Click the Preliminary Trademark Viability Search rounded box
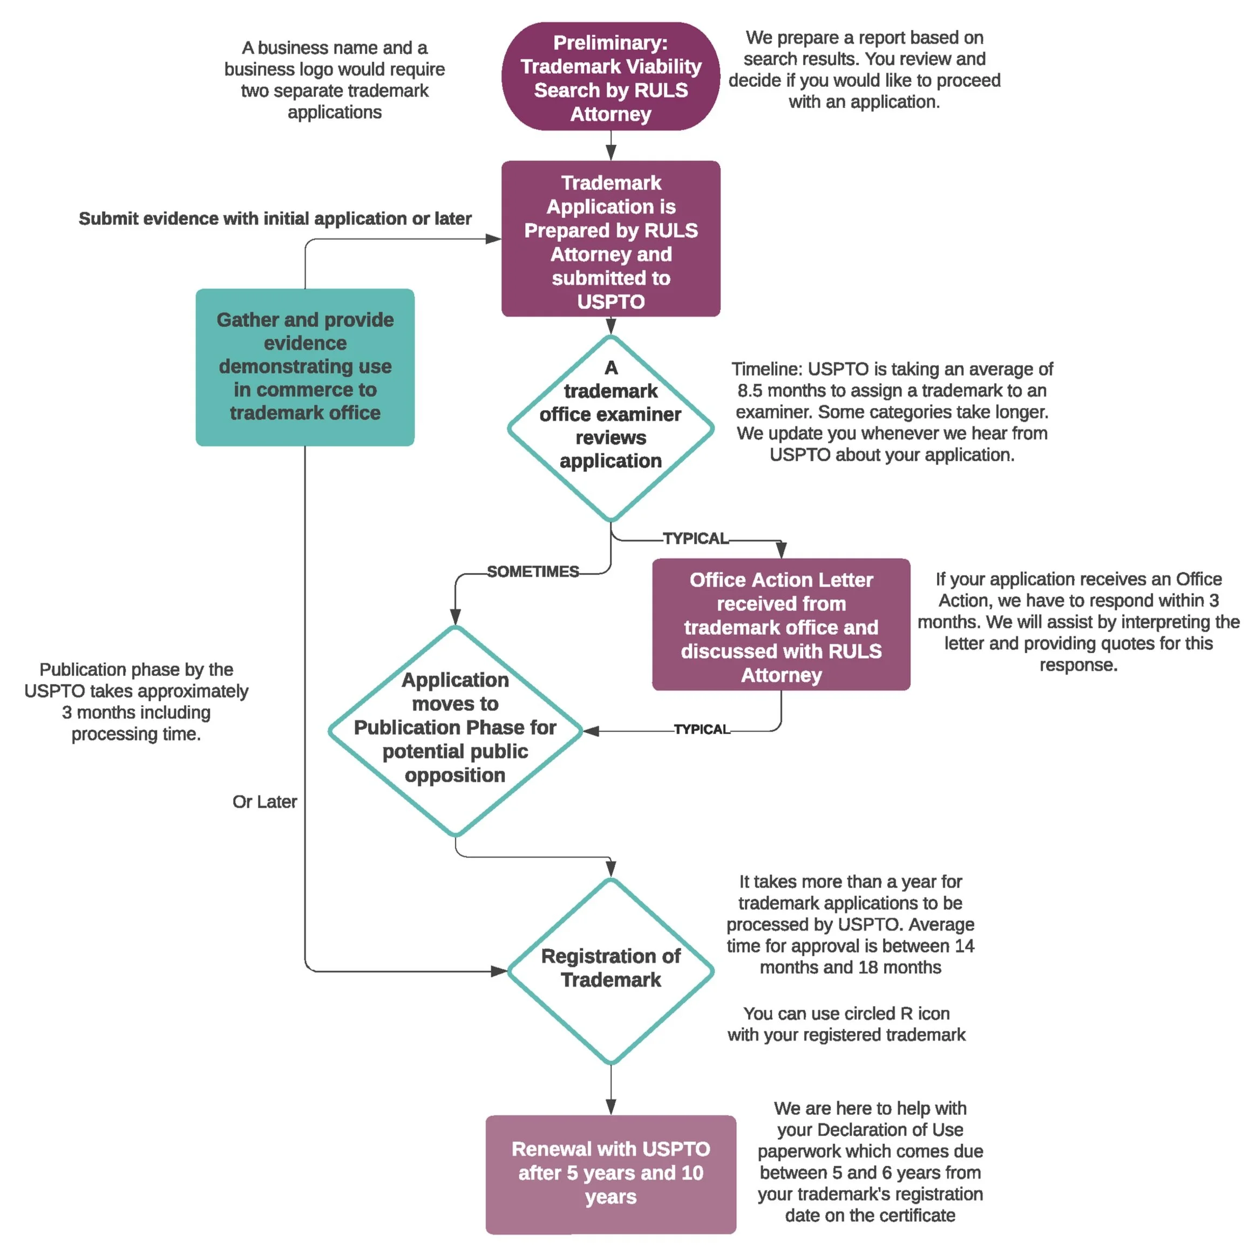coord(610,77)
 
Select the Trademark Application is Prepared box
coord(610,239)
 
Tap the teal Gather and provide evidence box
coord(305,367)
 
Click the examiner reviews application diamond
coord(610,428)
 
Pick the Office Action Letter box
coord(780,625)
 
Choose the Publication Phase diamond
coord(455,730)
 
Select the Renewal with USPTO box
coord(610,1174)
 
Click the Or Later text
coord(264,802)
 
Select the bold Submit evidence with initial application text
coord(275,218)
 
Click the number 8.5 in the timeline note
coord(750,391)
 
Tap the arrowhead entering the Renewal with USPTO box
coord(610,1107)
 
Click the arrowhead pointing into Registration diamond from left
coord(500,971)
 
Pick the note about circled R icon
coord(846,1024)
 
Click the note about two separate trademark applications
coord(334,80)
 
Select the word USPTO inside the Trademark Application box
coord(610,302)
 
